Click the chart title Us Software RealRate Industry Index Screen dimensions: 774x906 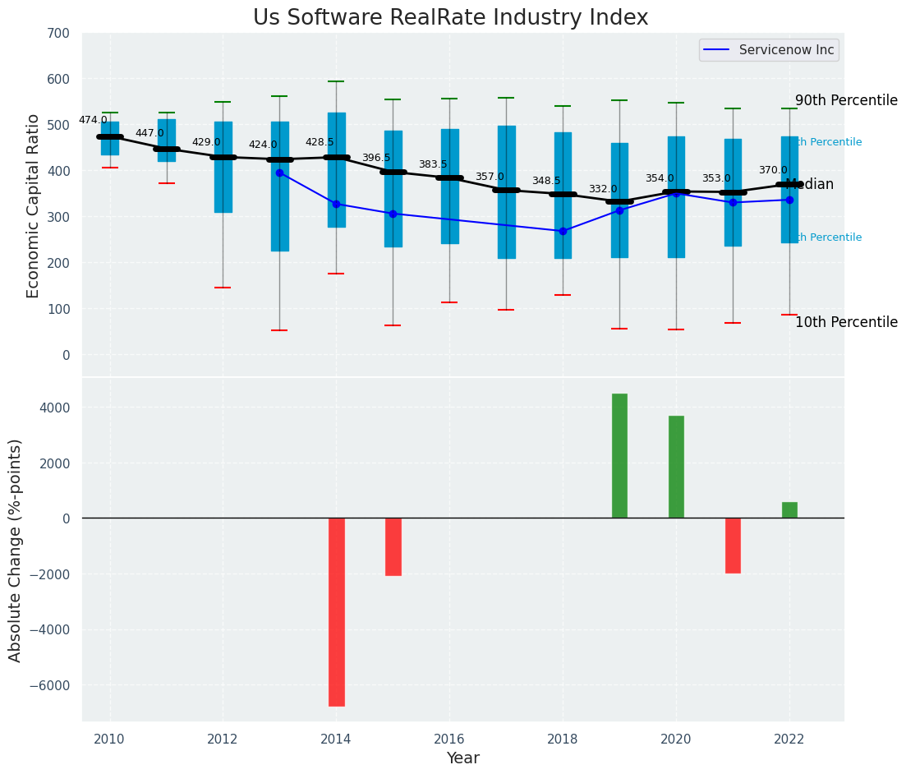point(450,18)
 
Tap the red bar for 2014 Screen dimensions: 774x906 point(336,611)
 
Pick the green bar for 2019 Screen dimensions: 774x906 point(619,456)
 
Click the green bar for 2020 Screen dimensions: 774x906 point(676,467)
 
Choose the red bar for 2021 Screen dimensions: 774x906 point(733,546)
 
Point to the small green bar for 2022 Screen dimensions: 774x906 point(789,510)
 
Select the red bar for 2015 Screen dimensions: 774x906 point(393,546)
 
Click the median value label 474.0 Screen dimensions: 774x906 point(93,120)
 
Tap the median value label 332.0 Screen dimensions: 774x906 point(603,189)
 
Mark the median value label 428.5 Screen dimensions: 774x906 point(320,142)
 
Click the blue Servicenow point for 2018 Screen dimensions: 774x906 point(563,231)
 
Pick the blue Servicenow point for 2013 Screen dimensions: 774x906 point(279,173)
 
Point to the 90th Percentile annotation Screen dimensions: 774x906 point(846,100)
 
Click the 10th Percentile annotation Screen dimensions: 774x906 point(846,322)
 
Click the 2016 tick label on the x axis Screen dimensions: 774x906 point(449,739)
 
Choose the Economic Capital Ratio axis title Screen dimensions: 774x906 point(34,206)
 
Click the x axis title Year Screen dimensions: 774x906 point(462,758)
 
